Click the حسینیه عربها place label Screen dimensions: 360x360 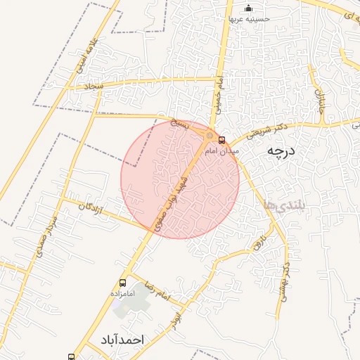[x=247, y=19]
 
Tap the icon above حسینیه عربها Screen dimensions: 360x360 [x=247, y=8]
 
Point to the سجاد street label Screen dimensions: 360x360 [x=94, y=86]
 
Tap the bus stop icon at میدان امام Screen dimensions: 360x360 [x=222, y=140]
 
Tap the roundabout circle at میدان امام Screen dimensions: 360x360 [x=210, y=135]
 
